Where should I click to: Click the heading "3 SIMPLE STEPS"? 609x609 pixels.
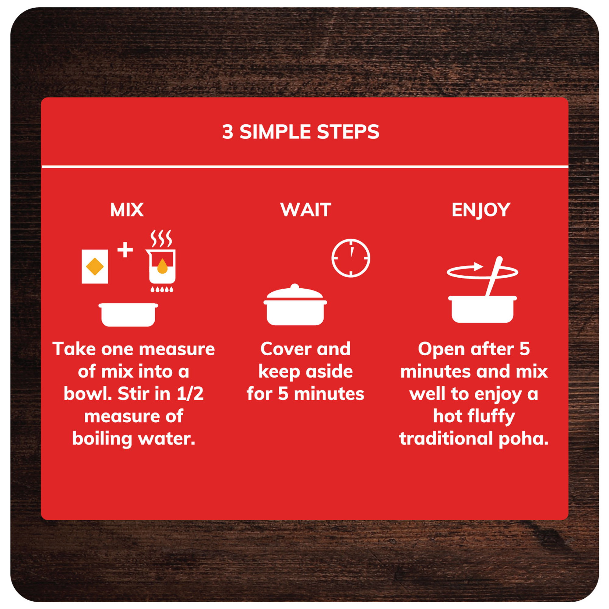click(301, 132)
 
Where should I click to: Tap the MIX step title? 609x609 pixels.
click(127, 209)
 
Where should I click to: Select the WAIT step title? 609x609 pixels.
click(306, 209)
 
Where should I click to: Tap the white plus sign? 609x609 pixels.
click(125, 250)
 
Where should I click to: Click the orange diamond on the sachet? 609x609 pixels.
click(95, 267)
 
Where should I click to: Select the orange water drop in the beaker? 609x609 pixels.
click(162, 266)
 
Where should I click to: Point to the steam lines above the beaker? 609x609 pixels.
click(161, 239)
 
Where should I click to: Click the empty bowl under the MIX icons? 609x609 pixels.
click(128, 315)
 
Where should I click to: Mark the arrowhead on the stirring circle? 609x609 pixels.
click(478, 267)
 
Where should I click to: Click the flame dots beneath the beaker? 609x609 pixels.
click(162, 289)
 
